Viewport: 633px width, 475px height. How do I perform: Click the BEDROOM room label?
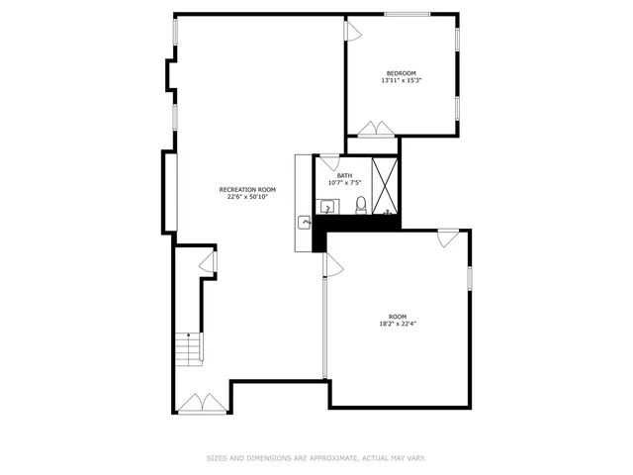coord(401,73)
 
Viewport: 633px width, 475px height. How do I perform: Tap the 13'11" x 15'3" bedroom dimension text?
coord(401,81)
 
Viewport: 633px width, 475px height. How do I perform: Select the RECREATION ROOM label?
coord(247,189)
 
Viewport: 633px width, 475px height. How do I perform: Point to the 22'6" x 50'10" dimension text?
coord(247,197)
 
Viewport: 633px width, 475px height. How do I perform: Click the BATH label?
coord(344,175)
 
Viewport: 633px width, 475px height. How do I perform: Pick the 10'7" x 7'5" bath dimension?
coord(344,183)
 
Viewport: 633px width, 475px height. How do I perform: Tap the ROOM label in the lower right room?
coord(398,317)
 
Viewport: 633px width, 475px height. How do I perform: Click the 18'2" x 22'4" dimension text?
coord(398,325)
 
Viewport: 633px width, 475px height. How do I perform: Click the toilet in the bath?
coord(361,206)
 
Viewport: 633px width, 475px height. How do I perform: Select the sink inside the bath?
coord(327,207)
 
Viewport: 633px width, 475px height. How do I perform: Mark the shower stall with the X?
coord(387,187)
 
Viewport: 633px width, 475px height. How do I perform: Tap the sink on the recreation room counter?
coord(305,223)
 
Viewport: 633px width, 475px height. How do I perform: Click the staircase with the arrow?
coord(188,349)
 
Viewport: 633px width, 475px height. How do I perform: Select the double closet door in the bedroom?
coord(376,129)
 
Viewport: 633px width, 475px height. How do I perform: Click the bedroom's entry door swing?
coord(351,31)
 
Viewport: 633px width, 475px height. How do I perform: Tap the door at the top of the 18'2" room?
coord(448,237)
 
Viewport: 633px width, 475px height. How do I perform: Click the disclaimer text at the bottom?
coord(316,458)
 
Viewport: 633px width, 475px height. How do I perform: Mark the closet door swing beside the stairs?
coord(209,261)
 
